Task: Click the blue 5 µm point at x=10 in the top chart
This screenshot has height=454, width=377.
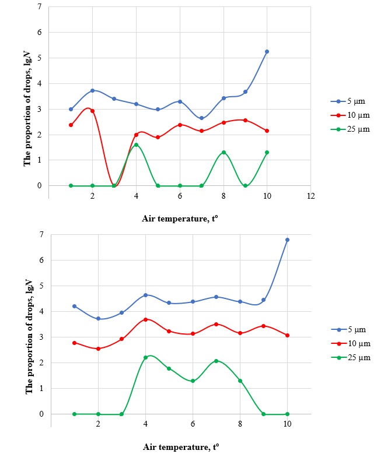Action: (267, 51)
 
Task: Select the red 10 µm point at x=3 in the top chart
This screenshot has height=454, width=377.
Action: (114, 185)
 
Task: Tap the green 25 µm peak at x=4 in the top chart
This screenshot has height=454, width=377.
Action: (136, 145)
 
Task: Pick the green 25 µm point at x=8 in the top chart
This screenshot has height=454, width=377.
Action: (224, 152)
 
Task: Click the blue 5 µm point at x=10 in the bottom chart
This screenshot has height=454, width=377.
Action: (287, 240)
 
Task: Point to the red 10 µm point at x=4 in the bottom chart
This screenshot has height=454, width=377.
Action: (145, 319)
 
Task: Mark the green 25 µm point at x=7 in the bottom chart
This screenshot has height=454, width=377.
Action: (216, 361)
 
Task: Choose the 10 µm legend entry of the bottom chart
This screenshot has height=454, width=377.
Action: (347, 344)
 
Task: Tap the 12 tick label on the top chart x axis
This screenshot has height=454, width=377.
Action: (310, 197)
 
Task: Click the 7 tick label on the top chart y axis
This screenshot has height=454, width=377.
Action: (40, 7)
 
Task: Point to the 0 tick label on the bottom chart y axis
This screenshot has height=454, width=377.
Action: (41, 414)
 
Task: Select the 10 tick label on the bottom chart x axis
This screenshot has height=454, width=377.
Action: (287, 425)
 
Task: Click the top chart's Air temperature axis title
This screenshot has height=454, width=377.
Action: (180, 219)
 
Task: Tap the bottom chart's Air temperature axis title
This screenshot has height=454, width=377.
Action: (181, 447)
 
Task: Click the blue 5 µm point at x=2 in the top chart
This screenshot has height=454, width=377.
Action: (92, 90)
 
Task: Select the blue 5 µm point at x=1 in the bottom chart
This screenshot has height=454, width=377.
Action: (74, 306)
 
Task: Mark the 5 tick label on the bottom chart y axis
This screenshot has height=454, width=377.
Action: (41, 286)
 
